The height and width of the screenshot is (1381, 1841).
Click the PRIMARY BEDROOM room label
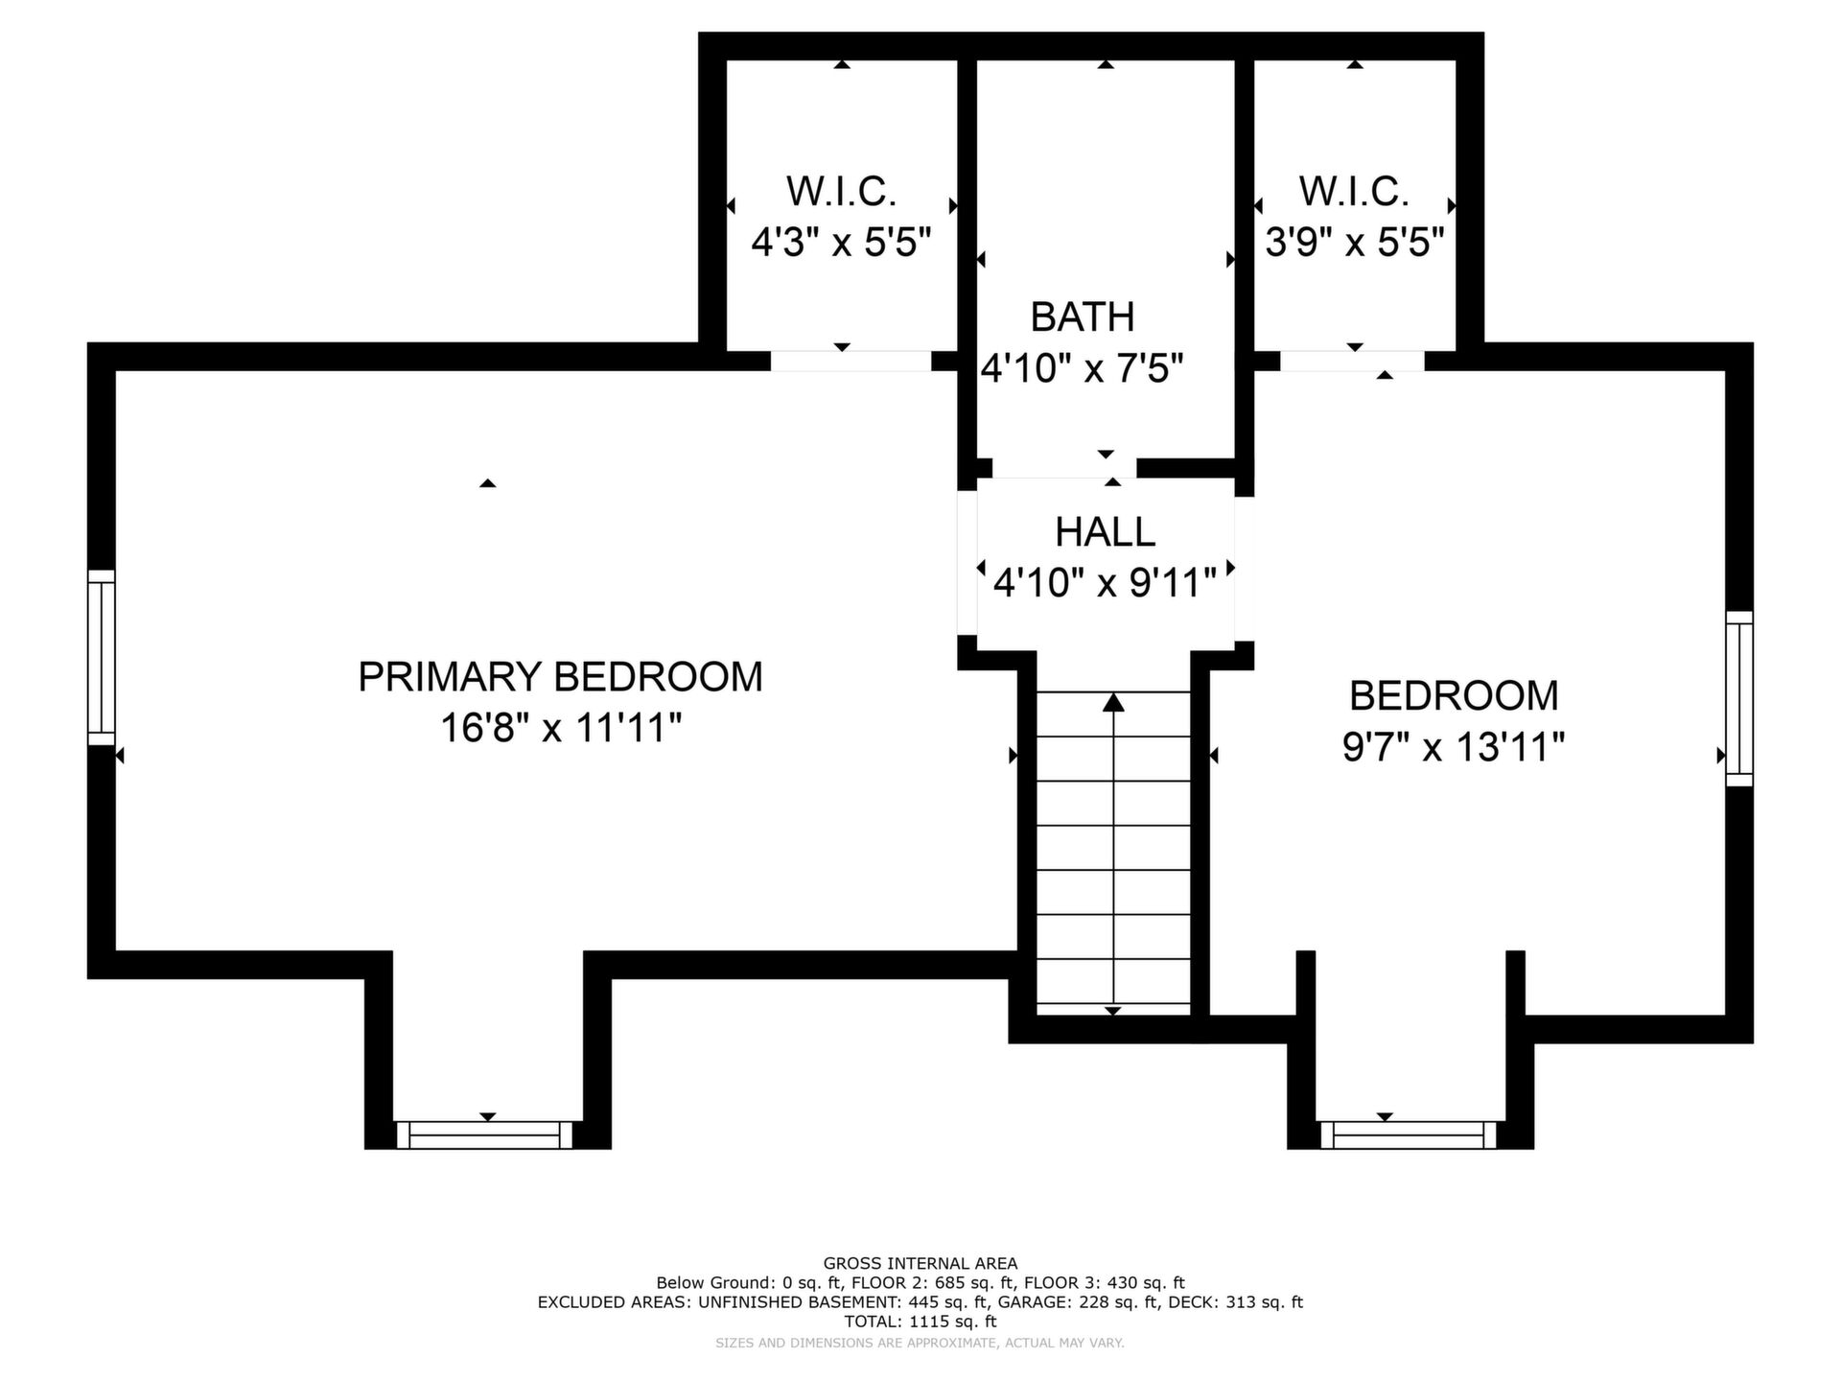560,677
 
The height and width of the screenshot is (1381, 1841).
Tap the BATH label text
1083,317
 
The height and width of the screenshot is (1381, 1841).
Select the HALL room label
1105,532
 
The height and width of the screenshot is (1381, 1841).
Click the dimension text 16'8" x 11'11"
560,728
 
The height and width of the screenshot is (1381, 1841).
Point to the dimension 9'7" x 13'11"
1454,746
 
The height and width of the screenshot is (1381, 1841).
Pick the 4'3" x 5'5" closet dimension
841,242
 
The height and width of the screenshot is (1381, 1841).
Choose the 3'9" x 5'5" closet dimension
1355,242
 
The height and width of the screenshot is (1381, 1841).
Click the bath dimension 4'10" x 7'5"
1083,367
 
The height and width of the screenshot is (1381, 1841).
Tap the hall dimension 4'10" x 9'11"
1105,582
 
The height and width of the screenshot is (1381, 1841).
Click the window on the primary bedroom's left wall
102,657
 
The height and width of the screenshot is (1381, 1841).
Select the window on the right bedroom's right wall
1739,699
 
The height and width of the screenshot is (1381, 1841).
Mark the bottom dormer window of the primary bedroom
484,1135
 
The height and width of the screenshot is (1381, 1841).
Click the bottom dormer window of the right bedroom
1409,1135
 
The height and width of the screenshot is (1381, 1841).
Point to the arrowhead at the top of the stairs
1113,702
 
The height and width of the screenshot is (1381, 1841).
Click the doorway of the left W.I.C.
851,361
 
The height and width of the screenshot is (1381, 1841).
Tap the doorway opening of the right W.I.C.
1352,361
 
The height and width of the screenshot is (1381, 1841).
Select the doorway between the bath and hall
1064,468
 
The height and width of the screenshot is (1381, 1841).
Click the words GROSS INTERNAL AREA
920,1264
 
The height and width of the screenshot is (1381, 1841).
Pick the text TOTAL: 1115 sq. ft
920,1322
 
